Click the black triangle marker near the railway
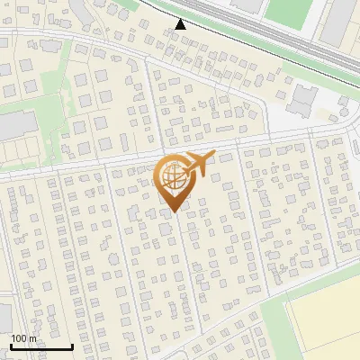181,24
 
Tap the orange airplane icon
199,163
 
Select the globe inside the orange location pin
172,176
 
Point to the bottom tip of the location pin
173,211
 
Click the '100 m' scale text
23,338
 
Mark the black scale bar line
40,346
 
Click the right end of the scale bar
72,346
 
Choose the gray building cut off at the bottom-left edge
4,315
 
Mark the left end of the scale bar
10,346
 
